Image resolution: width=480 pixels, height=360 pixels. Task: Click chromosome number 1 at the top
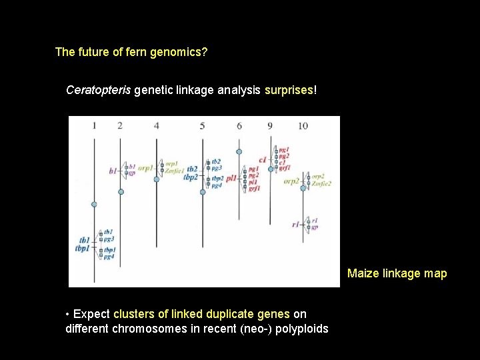pos(94,125)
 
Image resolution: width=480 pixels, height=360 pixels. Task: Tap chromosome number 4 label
pos(156,125)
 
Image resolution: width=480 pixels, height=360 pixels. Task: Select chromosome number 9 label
pos(270,125)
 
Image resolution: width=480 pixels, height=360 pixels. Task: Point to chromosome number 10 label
pos(303,125)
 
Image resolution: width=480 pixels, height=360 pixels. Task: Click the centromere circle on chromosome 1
pos(94,204)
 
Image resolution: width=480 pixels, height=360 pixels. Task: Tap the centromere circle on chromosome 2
pos(121,191)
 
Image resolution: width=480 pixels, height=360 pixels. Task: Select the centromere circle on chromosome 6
pos(239,151)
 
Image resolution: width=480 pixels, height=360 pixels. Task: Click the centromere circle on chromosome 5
pos(203,192)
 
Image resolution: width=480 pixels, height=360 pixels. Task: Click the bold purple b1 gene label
pos(113,171)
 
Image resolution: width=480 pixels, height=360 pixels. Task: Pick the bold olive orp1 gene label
pos(145,167)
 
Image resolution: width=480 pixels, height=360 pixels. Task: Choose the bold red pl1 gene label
pos(231,179)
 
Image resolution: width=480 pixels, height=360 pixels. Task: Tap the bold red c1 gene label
pos(262,160)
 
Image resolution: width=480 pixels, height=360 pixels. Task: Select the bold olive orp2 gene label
pos(291,181)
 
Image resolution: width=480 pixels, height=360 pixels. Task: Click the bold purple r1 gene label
pos(295,225)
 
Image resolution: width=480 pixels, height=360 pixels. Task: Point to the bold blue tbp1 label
pos(83,249)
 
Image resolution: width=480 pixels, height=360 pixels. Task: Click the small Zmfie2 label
pos(321,183)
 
